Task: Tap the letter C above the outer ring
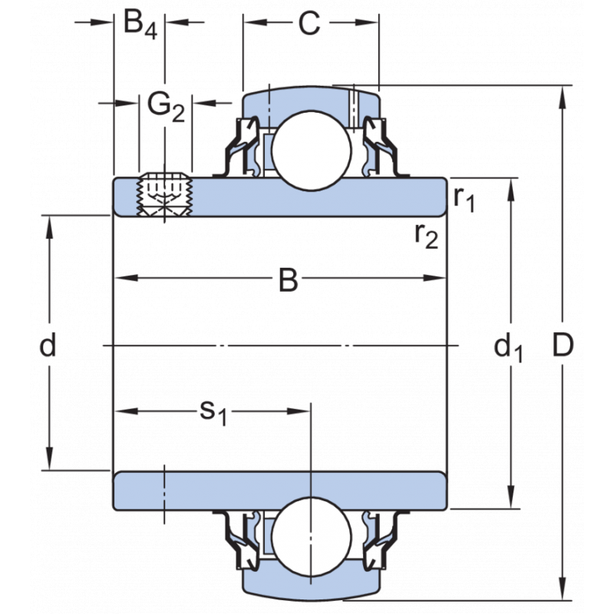(309, 24)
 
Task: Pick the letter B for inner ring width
(287, 281)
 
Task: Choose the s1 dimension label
(213, 413)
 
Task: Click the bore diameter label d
(48, 347)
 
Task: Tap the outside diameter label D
(563, 347)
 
